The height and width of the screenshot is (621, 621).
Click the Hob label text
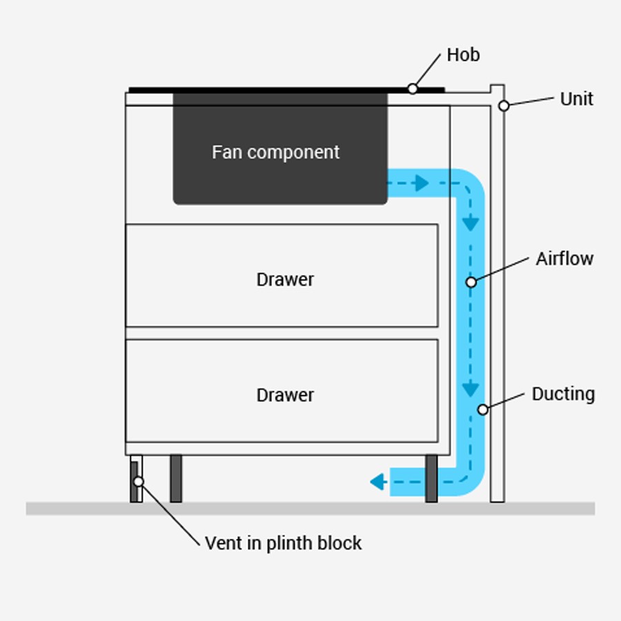(x=463, y=55)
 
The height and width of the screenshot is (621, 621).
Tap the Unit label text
(x=576, y=99)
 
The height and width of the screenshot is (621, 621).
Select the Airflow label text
(x=564, y=259)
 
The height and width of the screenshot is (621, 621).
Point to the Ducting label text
(x=563, y=394)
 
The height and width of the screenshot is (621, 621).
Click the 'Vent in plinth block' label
(x=283, y=543)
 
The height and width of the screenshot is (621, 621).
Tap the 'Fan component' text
(x=275, y=152)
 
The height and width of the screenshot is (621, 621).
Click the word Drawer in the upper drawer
(x=285, y=279)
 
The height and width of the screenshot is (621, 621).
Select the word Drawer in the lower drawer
(x=285, y=395)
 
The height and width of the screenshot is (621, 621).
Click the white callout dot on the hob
(x=412, y=88)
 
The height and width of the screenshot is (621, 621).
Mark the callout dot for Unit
(x=504, y=106)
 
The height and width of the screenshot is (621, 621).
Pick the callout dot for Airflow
(x=471, y=282)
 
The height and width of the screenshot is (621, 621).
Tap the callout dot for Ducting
(x=483, y=410)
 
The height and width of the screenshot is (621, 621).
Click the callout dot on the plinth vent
(x=139, y=481)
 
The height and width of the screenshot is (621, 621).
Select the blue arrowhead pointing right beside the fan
(x=422, y=184)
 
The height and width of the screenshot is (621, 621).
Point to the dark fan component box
(x=279, y=179)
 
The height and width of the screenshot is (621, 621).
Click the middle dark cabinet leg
(x=176, y=478)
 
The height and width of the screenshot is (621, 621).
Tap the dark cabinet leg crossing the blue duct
(x=431, y=478)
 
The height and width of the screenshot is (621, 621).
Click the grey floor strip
(x=310, y=509)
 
